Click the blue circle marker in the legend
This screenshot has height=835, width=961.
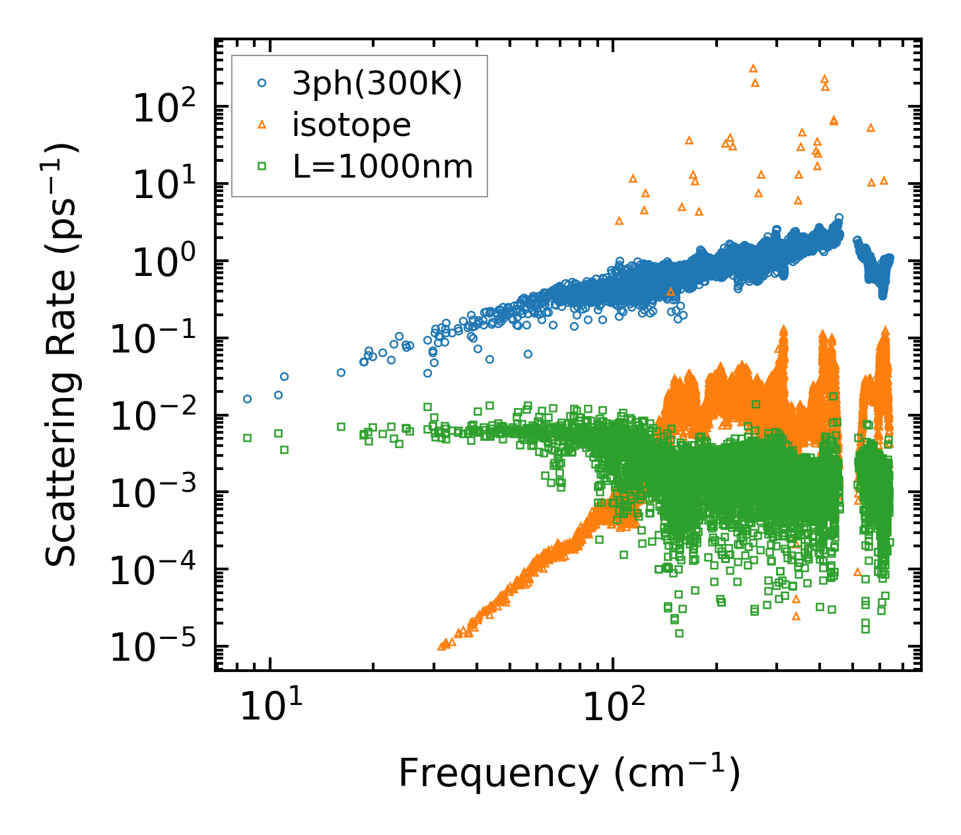coord(262,83)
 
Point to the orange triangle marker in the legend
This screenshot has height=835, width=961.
coord(262,124)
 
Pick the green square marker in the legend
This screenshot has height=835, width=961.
coord(262,166)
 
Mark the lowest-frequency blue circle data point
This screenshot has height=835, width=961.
coord(247,399)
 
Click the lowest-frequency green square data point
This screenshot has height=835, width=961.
coord(247,438)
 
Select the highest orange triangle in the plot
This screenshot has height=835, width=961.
coord(752,68)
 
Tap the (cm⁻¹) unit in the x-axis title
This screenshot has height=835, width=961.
coord(676,772)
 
